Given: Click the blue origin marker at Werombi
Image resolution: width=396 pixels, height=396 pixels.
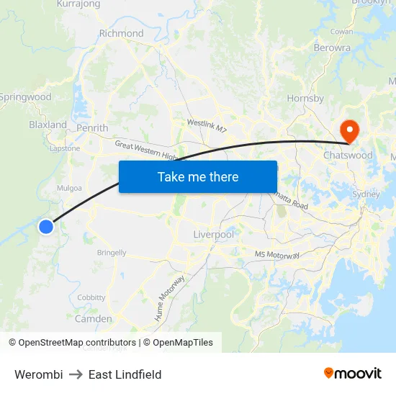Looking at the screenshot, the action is click(x=45, y=227).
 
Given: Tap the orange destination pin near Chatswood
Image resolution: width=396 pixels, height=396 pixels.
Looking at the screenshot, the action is click(x=349, y=131).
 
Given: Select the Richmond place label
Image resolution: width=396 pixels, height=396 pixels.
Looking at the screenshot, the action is click(x=121, y=33).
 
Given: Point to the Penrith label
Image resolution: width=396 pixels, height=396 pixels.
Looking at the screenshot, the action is click(x=92, y=128).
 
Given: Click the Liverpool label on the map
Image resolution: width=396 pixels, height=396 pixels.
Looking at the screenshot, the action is click(x=214, y=235).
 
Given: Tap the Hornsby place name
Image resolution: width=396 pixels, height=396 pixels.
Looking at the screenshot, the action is click(x=305, y=99).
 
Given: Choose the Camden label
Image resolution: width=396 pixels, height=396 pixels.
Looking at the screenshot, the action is click(x=94, y=318).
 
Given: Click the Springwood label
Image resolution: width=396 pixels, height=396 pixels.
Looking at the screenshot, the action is click(x=25, y=96).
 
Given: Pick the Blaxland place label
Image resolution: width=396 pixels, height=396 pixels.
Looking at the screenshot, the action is click(x=48, y=125).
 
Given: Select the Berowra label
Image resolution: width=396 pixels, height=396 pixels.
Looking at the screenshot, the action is click(x=332, y=48).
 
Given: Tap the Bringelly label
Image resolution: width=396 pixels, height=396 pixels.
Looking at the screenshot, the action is click(x=112, y=253).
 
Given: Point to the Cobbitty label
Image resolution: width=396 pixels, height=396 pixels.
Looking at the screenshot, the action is click(x=91, y=297).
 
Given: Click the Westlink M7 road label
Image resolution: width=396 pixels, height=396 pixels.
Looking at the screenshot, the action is click(x=207, y=126).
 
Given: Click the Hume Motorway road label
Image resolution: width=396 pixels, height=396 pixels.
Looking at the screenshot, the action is click(x=169, y=297).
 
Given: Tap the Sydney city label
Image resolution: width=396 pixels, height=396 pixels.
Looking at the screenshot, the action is click(x=366, y=194).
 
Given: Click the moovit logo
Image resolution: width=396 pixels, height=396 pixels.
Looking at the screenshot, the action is click(x=353, y=373).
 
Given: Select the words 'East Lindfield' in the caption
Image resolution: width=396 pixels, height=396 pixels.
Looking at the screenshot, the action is click(x=125, y=374).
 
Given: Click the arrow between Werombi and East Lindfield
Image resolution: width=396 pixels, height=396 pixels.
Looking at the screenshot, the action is click(x=76, y=374).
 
